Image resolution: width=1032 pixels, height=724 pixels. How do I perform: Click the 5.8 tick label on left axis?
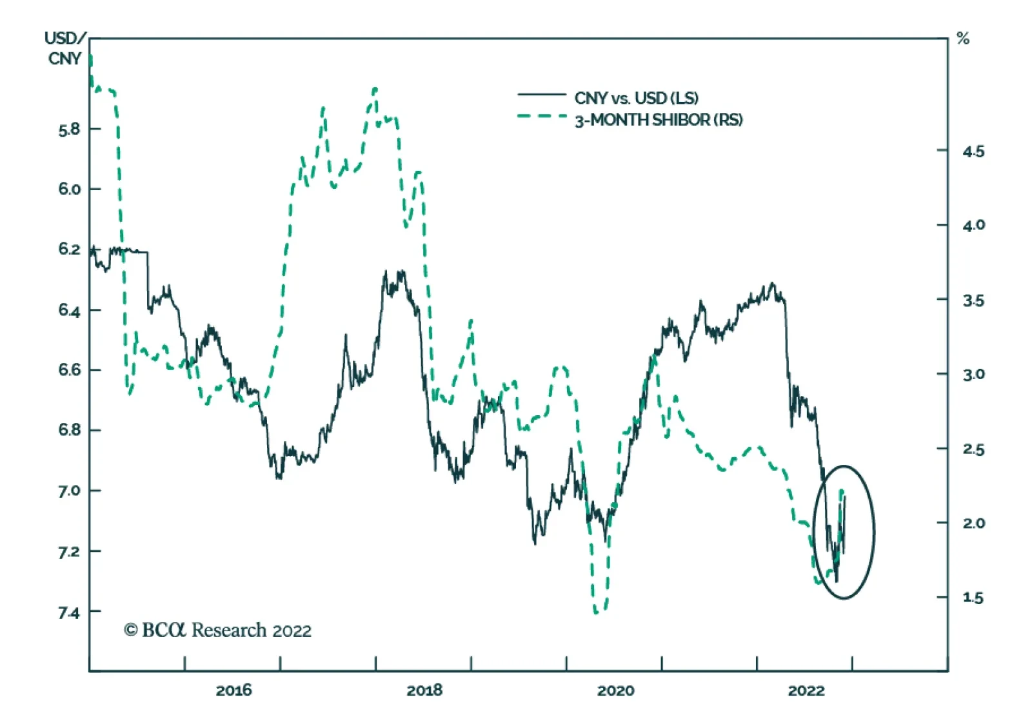point(69,130)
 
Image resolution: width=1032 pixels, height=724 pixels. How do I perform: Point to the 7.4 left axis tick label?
point(69,612)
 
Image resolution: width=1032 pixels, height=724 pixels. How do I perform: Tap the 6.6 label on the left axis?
point(69,370)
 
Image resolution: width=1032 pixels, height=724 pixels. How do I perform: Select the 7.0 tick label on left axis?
point(69,491)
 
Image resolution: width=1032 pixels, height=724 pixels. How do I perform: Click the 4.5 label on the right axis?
point(973,152)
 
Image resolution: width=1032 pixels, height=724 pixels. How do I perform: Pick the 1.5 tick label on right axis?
point(973,598)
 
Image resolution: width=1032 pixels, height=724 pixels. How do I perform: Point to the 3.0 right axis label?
point(973,375)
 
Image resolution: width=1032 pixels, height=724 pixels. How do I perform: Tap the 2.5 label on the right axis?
point(973,449)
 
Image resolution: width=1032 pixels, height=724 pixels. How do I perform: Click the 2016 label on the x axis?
point(233,690)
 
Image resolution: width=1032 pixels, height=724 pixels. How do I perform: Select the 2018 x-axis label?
point(424,690)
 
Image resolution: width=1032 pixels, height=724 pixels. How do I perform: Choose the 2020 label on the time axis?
point(615,690)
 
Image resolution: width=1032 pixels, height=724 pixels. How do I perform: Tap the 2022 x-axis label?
point(806,690)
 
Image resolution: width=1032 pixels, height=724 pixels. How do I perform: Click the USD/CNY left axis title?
point(64,48)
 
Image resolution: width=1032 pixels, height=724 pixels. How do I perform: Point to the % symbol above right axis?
point(963,39)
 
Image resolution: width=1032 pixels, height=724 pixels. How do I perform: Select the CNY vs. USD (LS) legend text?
point(636,98)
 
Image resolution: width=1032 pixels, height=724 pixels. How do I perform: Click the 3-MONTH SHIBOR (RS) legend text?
point(659,120)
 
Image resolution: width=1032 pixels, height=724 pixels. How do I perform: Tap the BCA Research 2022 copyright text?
point(217,630)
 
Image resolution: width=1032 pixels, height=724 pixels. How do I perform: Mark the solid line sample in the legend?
point(541,95)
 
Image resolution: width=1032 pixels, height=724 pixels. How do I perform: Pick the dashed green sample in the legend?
point(541,117)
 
